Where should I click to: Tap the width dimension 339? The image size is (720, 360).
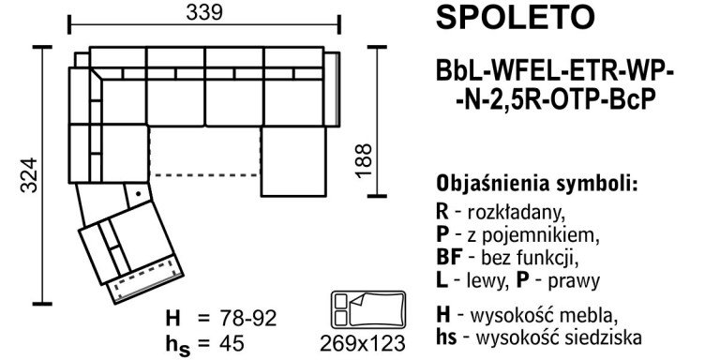point(203,13)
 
